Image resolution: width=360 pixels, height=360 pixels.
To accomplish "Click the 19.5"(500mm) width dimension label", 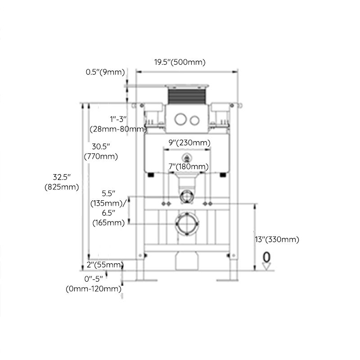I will pyautogui.click(x=180, y=63).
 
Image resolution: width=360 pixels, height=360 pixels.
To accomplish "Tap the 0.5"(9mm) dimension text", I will pyautogui.click(x=105, y=72).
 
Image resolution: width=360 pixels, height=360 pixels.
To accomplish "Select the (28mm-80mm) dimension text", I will pyautogui.click(x=118, y=129).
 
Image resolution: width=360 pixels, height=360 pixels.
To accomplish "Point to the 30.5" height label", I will pyautogui.click(x=101, y=146).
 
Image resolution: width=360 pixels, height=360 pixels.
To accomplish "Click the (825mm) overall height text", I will pyautogui.click(x=62, y=186).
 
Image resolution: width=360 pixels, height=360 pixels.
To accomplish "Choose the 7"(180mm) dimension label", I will pyautogui.click(x=187, y=166).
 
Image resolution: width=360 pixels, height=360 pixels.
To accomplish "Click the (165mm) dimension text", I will pyautogui.click(x=109, y=222).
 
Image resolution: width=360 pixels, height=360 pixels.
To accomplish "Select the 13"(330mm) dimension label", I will pyautogui.click(x=277, y=239).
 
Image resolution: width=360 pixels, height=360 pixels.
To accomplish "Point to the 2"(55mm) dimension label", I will pyautogui.click(x=105, y=264).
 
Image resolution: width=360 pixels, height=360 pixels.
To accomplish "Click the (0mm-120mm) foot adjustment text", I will pyautogui.click(x=94, y=288).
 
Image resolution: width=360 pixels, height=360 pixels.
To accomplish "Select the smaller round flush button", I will pyautogui.click(x=194, y=120).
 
